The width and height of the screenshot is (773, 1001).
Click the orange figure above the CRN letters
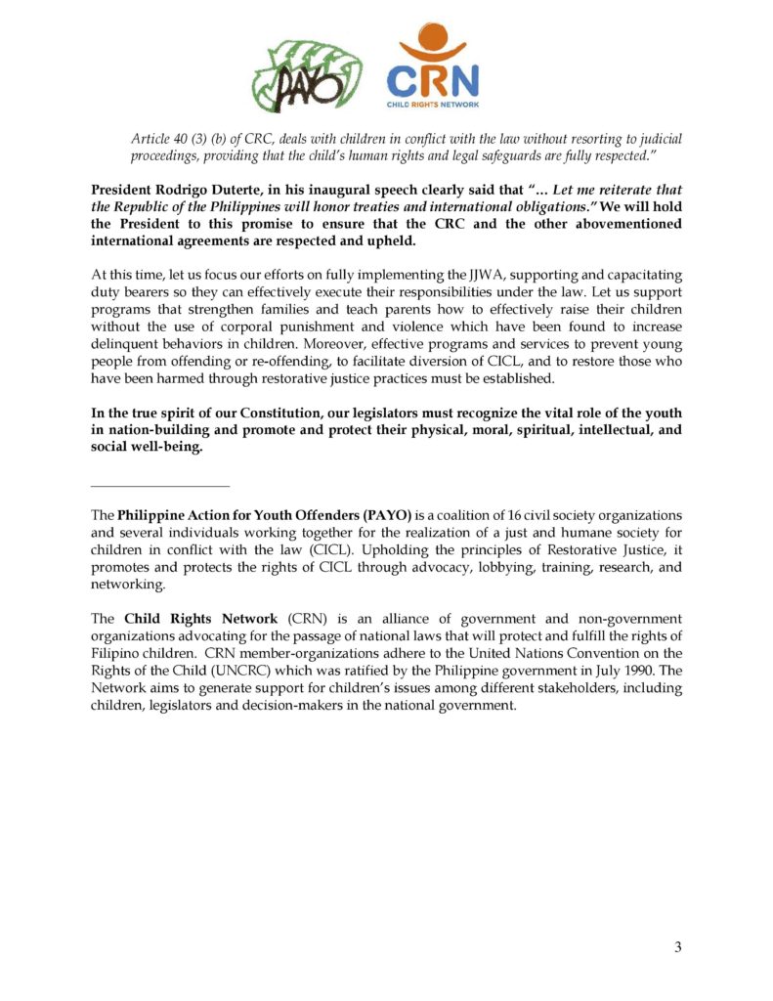point(433,44)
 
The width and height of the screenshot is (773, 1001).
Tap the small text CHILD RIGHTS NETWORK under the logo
point(433,103)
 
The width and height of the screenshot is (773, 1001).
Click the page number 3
point(677,945)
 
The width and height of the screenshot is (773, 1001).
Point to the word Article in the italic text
point(153,139)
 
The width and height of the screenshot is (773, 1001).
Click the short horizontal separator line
point(159,486)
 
